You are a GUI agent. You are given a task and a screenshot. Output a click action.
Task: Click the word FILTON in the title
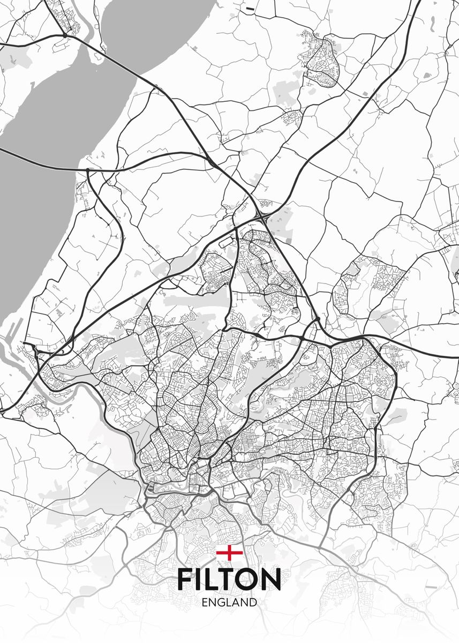point(229,579)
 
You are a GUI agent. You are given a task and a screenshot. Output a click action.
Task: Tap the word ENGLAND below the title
point(229,602)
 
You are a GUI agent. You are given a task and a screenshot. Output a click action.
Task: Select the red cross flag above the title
point(229,553)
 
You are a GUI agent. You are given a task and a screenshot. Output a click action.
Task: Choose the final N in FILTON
point(270,579)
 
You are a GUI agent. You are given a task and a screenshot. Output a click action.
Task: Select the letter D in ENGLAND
point(252,602)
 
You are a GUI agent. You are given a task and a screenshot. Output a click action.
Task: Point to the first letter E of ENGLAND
point(206,602)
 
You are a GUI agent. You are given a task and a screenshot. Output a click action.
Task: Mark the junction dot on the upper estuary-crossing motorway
point(64,35)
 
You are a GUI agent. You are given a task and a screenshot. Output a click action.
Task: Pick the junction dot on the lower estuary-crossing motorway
point(88,170)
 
